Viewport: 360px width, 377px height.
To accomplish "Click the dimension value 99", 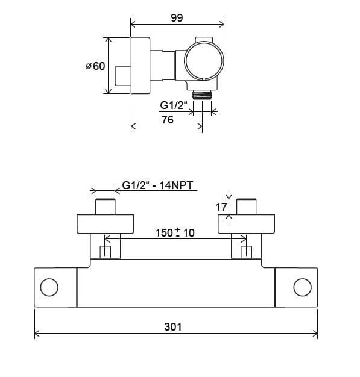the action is tap(177, 18).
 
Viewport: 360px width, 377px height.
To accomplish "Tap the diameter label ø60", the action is tap(96, 66).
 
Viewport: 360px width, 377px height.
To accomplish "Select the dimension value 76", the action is tap(168, 119).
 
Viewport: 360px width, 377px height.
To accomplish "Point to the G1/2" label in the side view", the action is tap(174, 105).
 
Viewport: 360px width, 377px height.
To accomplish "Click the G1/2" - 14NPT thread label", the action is tap(158, 185).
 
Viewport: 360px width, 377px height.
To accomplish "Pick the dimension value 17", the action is tap(221, 207).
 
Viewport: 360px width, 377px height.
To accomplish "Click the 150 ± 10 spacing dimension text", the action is tap(175, 232).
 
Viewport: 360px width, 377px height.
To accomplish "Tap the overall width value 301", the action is tap(173, 327).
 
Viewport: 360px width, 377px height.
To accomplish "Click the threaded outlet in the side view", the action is tap(202, 95).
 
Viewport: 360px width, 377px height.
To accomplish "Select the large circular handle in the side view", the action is tap(204, 61).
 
